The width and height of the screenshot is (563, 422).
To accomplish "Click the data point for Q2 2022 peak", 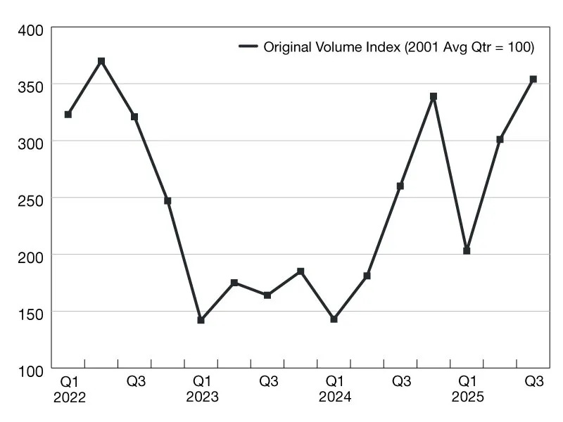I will (x=101, y=61).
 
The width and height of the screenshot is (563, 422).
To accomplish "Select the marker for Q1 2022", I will (x=68, y=114).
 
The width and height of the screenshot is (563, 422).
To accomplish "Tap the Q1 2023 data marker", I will (x=201, y=320).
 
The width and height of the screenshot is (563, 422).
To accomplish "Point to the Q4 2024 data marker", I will (x=434, y=96).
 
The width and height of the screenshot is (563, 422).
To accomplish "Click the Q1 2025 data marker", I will (x=467, y=250).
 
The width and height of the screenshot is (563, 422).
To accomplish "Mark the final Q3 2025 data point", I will (x=533, y=79).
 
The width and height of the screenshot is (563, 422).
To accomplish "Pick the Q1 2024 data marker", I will (x=334, y=319).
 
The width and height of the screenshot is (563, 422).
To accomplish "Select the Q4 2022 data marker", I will (x=167, y=200).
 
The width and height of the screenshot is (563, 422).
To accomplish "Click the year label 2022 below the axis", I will (x=69, y=397).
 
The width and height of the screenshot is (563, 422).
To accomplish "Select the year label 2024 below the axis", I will (x=334, y=397).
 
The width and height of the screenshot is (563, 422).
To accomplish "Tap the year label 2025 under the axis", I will (x=467, y=397).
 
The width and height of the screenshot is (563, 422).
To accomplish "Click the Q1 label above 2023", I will (x=202, y=382).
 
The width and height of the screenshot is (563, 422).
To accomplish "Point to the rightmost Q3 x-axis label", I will (x=534, y=382).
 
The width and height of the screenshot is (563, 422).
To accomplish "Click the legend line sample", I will (x=248, y=47).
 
